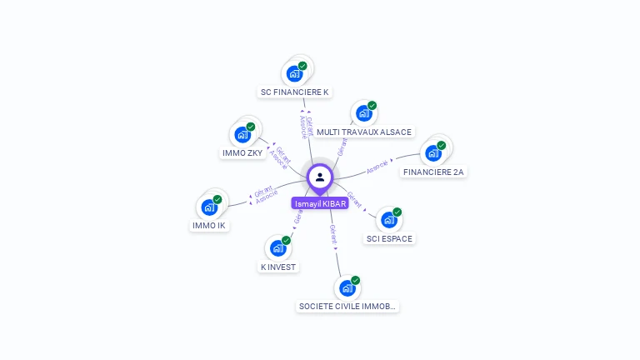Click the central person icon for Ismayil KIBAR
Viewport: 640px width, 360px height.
320,177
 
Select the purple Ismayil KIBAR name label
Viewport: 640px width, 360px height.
320,203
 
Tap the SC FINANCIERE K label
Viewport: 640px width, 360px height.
295,92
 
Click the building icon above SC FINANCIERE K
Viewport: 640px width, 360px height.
294,73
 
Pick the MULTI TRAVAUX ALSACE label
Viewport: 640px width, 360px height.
364,132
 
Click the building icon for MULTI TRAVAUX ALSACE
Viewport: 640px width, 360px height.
363,113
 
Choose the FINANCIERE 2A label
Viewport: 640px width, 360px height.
433,172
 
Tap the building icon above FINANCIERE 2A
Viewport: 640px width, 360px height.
432,152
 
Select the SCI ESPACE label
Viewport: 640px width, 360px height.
389,238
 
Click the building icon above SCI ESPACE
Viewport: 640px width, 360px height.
388,220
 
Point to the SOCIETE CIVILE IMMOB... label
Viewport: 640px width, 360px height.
347,306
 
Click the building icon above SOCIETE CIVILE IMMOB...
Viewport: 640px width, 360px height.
347,288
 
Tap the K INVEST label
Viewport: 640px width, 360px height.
278,267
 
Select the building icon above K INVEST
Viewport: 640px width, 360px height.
277,248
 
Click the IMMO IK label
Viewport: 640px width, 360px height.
209,225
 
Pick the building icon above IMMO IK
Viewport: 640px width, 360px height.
209,207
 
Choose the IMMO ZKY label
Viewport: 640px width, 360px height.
243,152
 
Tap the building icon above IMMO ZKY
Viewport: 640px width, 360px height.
242,134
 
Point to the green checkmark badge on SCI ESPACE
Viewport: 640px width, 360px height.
397,212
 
